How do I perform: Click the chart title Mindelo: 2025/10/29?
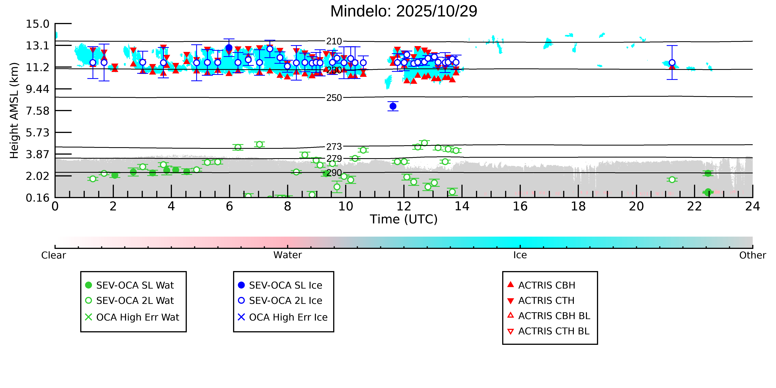(404, 11)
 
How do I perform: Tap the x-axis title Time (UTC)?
(404, 219)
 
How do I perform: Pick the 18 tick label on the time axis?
(578, 207)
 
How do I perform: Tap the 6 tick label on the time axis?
(230, 207)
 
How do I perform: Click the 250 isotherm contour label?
(334, 98)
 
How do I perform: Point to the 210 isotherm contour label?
(334, 41)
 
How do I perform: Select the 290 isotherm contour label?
(334, 173)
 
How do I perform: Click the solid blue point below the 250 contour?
(393, 106)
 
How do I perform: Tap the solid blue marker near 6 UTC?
(229, 48)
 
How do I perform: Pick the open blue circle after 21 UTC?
(672, 63)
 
